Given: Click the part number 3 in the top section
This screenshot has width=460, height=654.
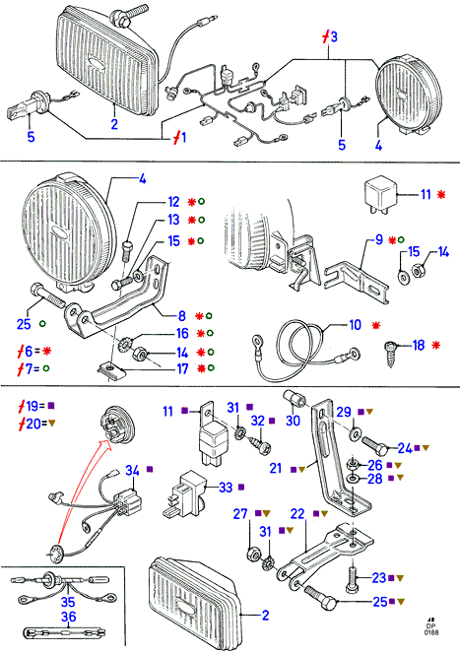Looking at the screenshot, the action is click(333, 36).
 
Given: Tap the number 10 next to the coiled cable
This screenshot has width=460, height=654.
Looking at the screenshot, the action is click(355, 324).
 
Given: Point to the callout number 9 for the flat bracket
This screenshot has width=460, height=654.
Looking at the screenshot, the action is click(379, 239).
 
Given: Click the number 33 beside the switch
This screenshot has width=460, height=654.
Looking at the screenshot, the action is click(226, 487).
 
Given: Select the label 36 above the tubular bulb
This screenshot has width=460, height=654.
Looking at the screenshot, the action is click(68, 616).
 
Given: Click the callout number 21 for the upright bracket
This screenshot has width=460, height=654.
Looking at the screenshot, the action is click(276, 468).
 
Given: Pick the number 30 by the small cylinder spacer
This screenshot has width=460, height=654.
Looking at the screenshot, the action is click(293, 420).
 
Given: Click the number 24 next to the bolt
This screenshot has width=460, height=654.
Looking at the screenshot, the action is click(405, 448).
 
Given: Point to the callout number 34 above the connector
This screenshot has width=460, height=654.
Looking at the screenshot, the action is click(132, 470).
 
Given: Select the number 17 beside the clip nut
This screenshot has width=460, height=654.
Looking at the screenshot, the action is click(182, 368).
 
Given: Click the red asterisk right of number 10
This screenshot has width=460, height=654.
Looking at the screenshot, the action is click(376, 325).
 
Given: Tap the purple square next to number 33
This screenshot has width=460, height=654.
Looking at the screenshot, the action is click(240, 487).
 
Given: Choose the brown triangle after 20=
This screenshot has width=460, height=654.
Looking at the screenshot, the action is click(52, 424).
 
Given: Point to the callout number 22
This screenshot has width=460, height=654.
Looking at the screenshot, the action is click(297, 514).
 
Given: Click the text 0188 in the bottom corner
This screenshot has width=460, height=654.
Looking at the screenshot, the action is click(431, 632).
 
